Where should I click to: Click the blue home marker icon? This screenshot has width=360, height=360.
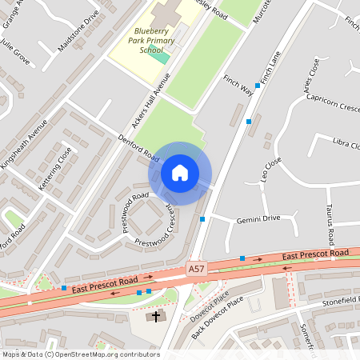(180, 173)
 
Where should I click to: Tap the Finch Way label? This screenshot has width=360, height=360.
(238, 86)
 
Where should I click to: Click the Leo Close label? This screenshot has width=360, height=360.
(271, 170)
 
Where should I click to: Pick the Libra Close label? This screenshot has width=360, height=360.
(346, 145)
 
